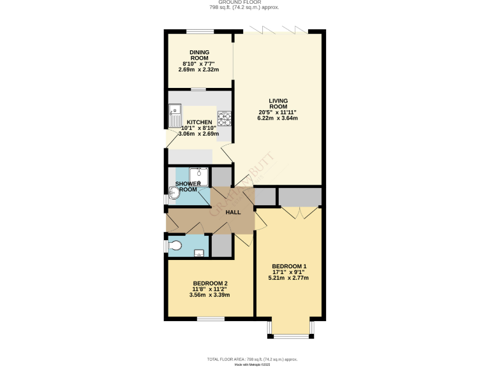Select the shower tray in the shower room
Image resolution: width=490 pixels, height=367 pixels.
(x=198, y=175)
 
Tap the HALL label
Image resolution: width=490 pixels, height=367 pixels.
(x=233, y=212)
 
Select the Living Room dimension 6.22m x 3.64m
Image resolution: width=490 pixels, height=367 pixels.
(x=278, y=119)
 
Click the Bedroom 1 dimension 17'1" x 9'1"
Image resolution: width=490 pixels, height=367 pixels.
(x=289, y=272)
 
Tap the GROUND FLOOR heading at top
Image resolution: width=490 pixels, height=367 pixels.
(x=245, y=3)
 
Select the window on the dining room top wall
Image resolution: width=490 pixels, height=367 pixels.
(x=200, y=32)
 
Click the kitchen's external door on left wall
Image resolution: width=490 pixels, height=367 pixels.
(x=167, y=138)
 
